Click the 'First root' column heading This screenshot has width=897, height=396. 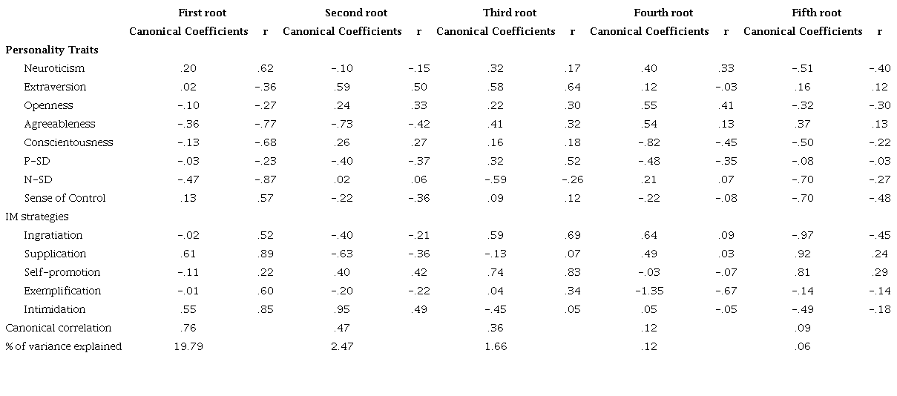tap(203, 13)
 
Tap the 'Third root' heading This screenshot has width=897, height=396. tap(510, 13)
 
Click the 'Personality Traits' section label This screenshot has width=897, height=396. tap(52, 50)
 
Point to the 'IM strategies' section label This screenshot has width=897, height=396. tap(37, 217)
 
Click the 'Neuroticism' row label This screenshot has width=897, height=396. tap(54, 68)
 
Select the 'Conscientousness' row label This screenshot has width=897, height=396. tap(68, 142)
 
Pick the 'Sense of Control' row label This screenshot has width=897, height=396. tap(65, 198)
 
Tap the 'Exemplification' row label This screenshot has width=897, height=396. tap(62, 291)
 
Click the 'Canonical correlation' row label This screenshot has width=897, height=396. tap(59, 328)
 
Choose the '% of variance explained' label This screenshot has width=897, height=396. tap(64, 346)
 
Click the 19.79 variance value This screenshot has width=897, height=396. tap(188, 346)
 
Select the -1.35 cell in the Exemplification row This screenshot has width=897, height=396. tap(648, 291)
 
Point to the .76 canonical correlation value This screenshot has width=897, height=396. tap(188, 328)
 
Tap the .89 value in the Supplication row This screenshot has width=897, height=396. tap(266, 254)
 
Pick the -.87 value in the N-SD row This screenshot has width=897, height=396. tap(266, 179)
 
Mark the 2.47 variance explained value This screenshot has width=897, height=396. tap(342, 346)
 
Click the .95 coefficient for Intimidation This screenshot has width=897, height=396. tap(342, 309)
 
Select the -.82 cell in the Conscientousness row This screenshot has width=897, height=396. tap(648, 142)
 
